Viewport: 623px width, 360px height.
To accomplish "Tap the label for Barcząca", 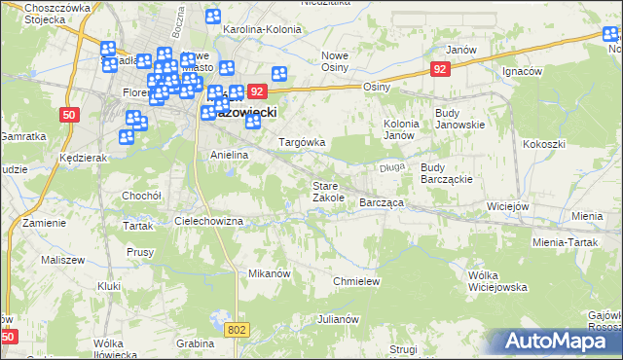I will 382,202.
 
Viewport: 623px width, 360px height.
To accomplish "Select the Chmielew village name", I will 355,280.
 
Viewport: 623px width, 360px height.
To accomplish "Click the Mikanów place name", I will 270,273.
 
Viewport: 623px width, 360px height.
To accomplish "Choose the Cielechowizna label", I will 208,221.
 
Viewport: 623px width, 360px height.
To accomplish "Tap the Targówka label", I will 302,142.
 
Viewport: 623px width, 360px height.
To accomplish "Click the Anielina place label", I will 231,155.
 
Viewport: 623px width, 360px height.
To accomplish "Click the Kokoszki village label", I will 543,144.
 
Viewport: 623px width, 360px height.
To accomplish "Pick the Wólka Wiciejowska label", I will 496,281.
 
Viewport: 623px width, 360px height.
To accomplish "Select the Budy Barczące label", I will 446,173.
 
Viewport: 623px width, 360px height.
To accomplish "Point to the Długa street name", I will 392,167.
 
